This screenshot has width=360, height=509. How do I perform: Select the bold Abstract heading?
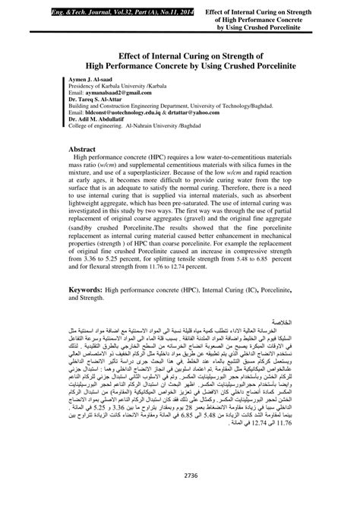pos(87,150)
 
